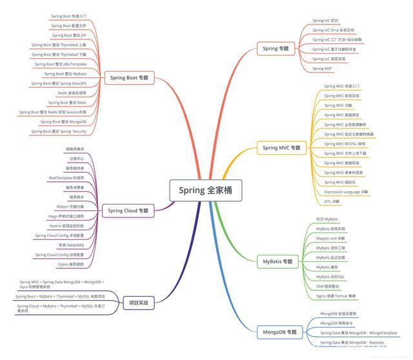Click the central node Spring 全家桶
[x=206, y=190]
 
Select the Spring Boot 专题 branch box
[x=129, y=77]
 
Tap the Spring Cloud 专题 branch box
[x=128, y=210]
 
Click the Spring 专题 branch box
[x=276, y=48]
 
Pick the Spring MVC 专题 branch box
[x=281, y=148]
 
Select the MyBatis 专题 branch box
[x=277, y=262]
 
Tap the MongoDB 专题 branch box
[x=279, y=332]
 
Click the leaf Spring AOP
[x=323, y=68]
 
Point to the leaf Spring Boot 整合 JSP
[x=69, y=35]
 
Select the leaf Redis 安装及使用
[x=72, y=93]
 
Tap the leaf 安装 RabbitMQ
[x=71, y=245]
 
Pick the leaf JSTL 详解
[x=332, y=201]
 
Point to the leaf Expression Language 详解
[x=346, y=192]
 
